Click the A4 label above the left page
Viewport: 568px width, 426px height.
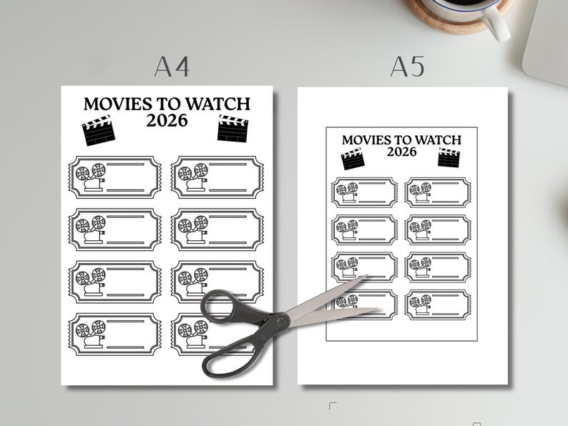click(x=172, y=66)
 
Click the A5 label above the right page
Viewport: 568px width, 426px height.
click(x=407, y=66)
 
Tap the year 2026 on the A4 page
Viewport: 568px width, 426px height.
click(x=167, y=120)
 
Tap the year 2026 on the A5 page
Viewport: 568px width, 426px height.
click(x=401, y=152)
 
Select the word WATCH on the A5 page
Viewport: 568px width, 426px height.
click(x=436, y=140)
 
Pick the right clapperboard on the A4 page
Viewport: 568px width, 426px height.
click(x=232, y=129)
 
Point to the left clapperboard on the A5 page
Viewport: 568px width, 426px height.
click(x=353, y=158)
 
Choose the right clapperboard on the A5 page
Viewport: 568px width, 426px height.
click(x=449, y=157)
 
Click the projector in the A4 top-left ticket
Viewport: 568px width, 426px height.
click(x=91, y=177)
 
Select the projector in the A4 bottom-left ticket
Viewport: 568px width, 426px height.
click(x=91, y=334)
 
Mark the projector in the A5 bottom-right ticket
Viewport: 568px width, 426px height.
click(x=421, y=304)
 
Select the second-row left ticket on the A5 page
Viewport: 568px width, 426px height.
click(x=364, y=229)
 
